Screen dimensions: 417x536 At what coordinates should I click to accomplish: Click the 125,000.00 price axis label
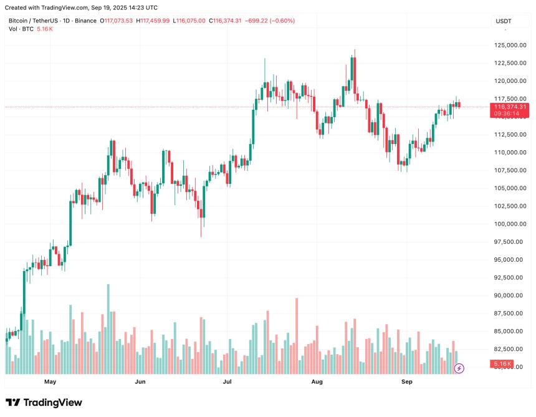click(509, 45)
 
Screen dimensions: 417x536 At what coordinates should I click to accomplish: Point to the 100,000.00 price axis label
click(509, 224)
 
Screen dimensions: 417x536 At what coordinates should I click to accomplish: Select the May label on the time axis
click(50, 381)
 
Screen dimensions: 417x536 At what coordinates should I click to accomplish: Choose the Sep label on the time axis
click(406, 381)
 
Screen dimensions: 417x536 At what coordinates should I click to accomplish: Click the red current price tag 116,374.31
click(510, 107)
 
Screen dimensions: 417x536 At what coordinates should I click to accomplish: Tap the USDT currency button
click(504, 21)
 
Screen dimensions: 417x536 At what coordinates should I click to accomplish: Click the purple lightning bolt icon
click(459, 368)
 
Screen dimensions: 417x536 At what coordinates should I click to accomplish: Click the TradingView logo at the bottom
click(44, 403)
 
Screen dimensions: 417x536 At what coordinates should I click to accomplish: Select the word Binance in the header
click(85, 21)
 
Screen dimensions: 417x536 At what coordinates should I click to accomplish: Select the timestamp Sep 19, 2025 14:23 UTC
click(123, 7)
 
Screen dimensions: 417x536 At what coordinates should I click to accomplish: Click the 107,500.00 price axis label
click(509, 170)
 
